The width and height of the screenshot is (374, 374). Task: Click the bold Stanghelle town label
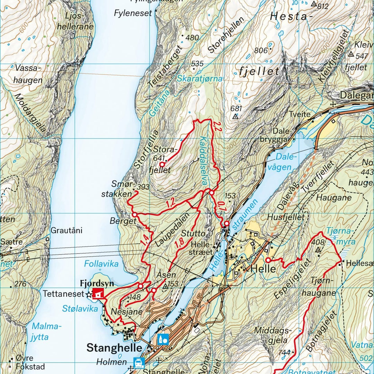114,347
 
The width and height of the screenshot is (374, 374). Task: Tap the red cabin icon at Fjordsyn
98,294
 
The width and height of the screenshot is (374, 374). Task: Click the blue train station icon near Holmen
139,363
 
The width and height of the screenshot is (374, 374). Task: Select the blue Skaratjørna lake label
200,79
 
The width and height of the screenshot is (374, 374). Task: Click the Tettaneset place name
64,294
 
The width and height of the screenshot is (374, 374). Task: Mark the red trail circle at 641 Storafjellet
162,164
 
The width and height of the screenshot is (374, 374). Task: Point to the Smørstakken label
117,189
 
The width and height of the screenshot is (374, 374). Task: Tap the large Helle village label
263,269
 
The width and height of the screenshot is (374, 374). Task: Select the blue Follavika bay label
101,264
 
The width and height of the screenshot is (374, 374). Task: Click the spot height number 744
284,353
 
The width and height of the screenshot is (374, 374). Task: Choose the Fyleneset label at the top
133,13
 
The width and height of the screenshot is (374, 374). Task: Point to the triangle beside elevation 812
314,4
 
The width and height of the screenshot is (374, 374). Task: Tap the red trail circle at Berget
135,215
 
